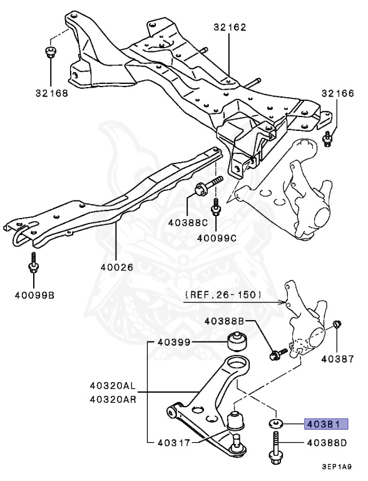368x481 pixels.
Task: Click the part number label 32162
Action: (x=229, y=28)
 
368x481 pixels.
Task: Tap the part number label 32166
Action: (x=337, y=94)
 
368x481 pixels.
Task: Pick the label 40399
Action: (x=174, y=342)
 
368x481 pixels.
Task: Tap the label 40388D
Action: (x=327, y=443)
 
